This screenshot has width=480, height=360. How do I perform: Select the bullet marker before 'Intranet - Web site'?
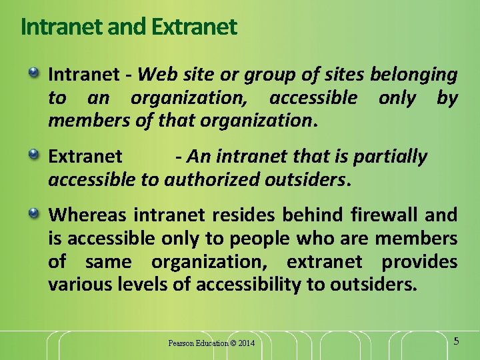[34, 72]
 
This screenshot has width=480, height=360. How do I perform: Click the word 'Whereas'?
[87, 215]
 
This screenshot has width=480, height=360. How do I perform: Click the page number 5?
[456, 341]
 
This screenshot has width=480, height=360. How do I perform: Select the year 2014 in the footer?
[245, 343]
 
